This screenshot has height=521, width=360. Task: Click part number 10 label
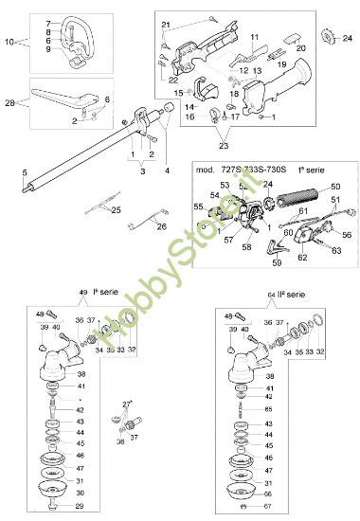(10, 43)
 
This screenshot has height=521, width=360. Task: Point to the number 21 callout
(165, 24)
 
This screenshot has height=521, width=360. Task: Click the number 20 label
(301, 46)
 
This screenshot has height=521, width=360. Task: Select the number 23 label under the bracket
(223, 148)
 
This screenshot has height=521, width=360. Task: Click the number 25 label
(117, 209)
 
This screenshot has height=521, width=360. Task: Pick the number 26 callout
(161, 227)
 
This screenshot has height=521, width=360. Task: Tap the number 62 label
(303, 258)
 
